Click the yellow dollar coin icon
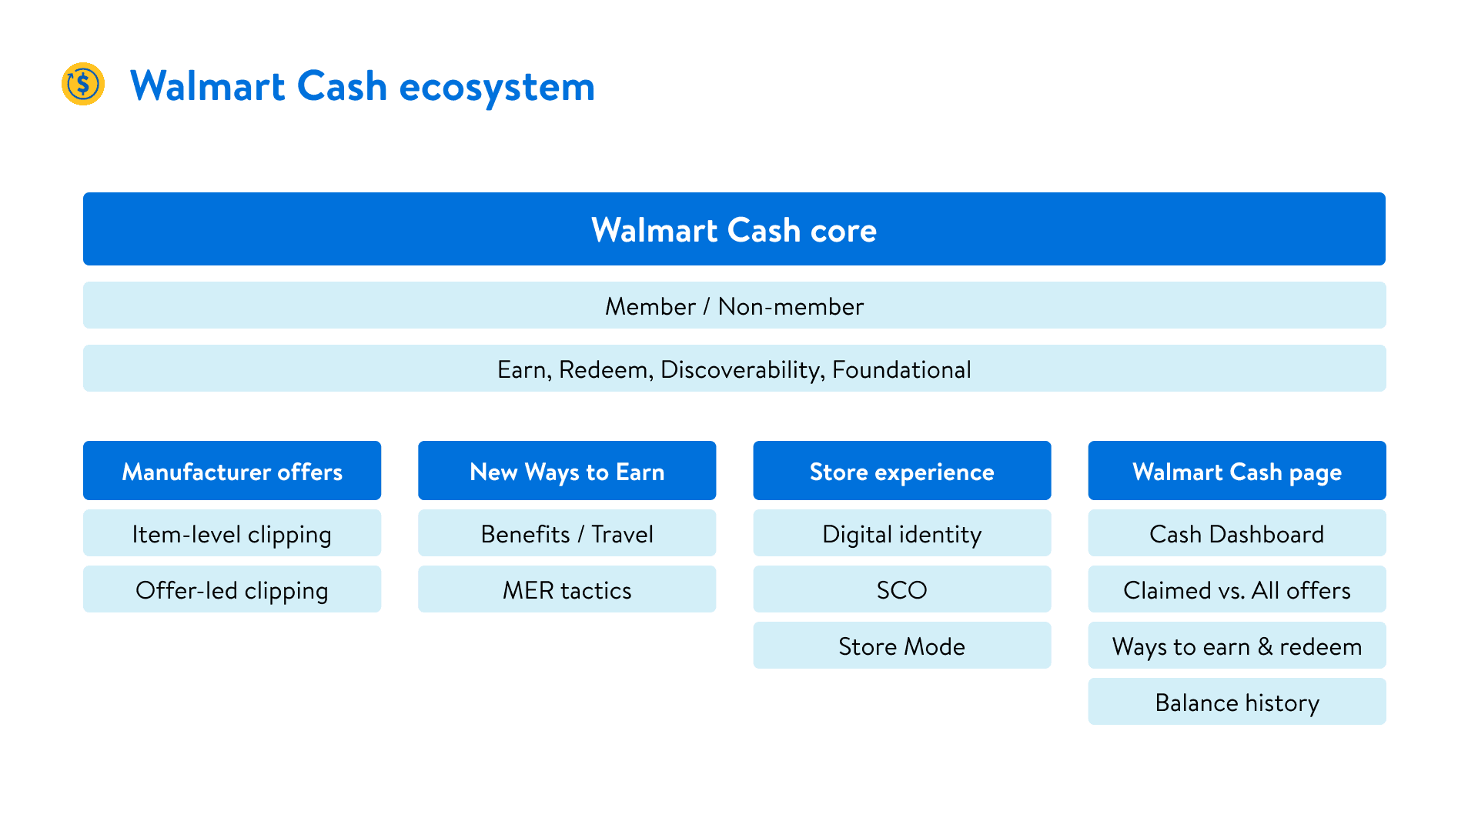[x=83, y=84]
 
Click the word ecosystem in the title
[x=497, y=87]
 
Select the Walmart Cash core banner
[x=734, y=229]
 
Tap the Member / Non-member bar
[x=734, y=305]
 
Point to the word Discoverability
[x=742, y=370]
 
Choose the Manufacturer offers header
[x=232, y=471]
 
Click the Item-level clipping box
[x=232, y=533]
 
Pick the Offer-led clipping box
[x=232, y=589]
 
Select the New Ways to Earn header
[x=567, y=471]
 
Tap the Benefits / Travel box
[x=567, y=533]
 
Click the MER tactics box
[x=567, y=589]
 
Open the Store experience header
[x=901, y=471]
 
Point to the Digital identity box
[x=901, y=533]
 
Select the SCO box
[x=901, y=589]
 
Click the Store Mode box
[x=901, y=646]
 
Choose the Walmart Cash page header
[x=1237, y=471]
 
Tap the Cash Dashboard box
[x=1237, y=533]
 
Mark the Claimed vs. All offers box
[x=1237, y=589]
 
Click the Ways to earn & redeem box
[x=1237, y=646]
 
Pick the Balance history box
[x=1237, y=702]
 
